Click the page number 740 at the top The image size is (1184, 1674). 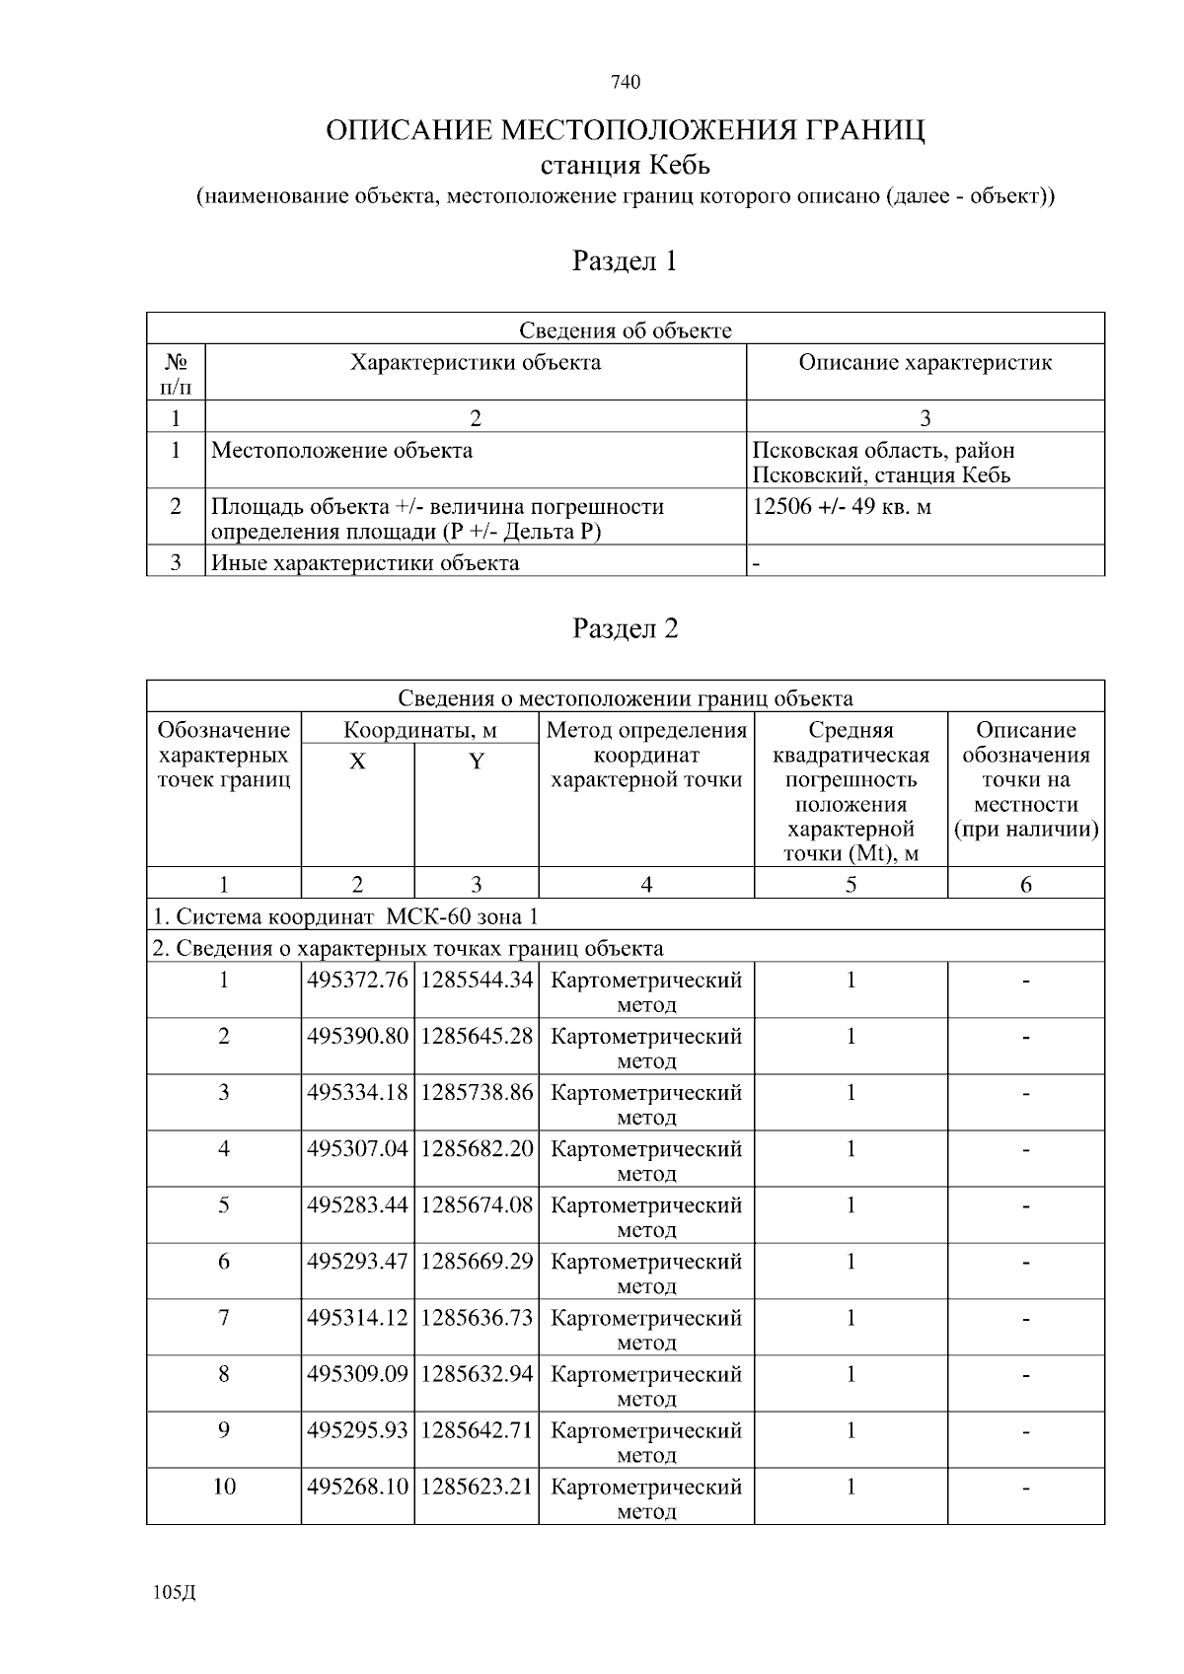click(626, 82)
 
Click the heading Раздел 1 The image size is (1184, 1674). click(625, 261)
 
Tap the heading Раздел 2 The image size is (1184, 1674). click(625, 628)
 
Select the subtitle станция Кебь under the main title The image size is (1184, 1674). click(625, 164)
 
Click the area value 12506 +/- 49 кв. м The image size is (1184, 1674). click(842, 507)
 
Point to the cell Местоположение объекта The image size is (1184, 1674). click(341, 451)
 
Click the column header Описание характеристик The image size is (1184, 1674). click(925, 362)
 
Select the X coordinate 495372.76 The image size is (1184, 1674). click(357, 981)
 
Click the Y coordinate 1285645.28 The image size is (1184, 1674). click(477, 1037)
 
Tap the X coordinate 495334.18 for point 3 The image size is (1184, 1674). click(357, 1093)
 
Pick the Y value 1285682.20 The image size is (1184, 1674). click(477, 1149)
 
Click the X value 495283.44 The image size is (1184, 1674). click(357, 1205)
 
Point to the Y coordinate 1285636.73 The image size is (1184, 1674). click(477, 1318)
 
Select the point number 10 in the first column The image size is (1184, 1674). click(224, 1487)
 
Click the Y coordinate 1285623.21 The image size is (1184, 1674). click(477, 1487)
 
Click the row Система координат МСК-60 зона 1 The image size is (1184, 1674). click(345, 916)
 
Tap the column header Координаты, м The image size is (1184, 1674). click(419, 731)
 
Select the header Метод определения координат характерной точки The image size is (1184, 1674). click(646, 756)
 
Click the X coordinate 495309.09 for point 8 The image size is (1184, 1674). click(357, 1374)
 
